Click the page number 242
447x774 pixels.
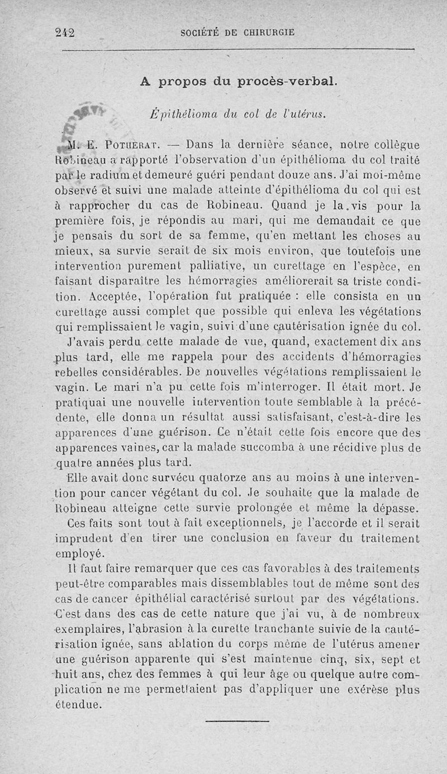pos(65,32)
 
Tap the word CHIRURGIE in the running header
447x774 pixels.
pos(265,32)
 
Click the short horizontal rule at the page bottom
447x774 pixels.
pos(230,720)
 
